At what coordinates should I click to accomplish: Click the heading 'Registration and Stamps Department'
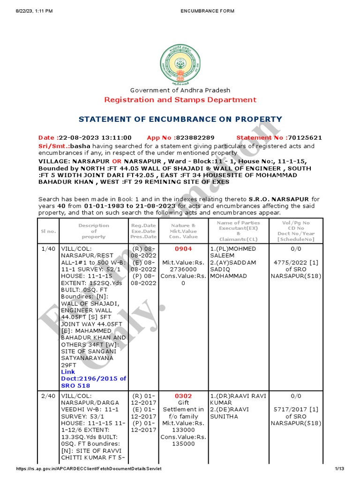pos(180,99)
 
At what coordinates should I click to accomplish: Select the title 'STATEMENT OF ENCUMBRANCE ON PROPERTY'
pos(180,119)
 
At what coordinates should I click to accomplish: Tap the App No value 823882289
pos(195,138)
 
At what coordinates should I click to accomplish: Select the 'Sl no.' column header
pos(48,231)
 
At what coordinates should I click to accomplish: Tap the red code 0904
pos(183,248)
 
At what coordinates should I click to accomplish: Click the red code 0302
pos(183,396)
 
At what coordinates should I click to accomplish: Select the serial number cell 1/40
pos(48,248)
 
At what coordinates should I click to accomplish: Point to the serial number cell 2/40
pos(48,396)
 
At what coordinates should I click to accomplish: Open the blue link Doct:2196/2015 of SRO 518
pos(93,378)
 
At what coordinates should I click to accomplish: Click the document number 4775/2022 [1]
pos(296,262)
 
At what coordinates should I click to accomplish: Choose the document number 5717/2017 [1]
pos(296,409)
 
